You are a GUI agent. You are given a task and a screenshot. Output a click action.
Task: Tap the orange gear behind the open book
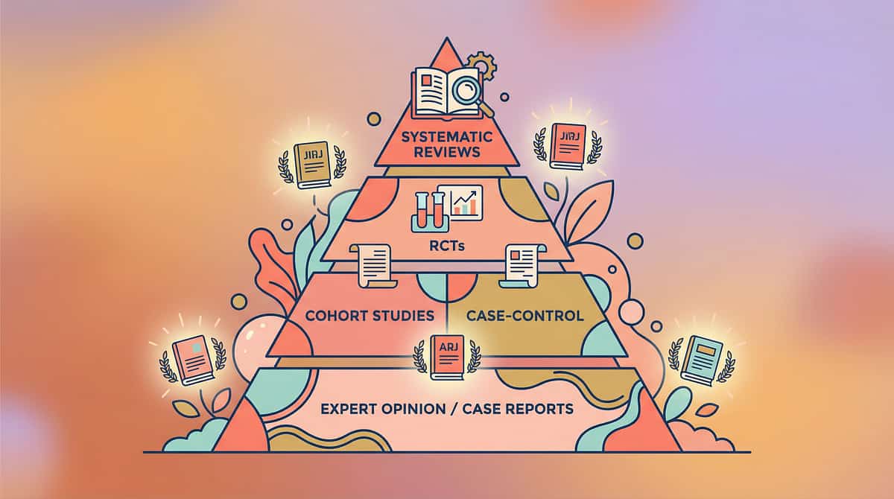coord(482,68)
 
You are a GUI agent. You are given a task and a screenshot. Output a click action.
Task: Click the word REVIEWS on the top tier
coord(446,154)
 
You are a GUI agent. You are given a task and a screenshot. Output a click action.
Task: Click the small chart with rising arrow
coord(460,201)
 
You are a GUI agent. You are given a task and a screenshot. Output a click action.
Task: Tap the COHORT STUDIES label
coord(370,316)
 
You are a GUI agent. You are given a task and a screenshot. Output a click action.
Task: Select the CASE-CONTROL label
coord(524,316)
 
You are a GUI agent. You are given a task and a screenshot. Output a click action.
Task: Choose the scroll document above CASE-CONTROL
coord(519,265)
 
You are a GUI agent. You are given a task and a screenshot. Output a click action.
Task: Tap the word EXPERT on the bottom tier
coord(351,408)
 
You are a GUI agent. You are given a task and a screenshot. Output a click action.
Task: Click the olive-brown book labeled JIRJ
coord(311,164)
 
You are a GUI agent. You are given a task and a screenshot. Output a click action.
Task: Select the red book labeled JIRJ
coord(568,146)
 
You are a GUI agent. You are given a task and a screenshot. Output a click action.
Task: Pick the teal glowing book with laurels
coord(702,360)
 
